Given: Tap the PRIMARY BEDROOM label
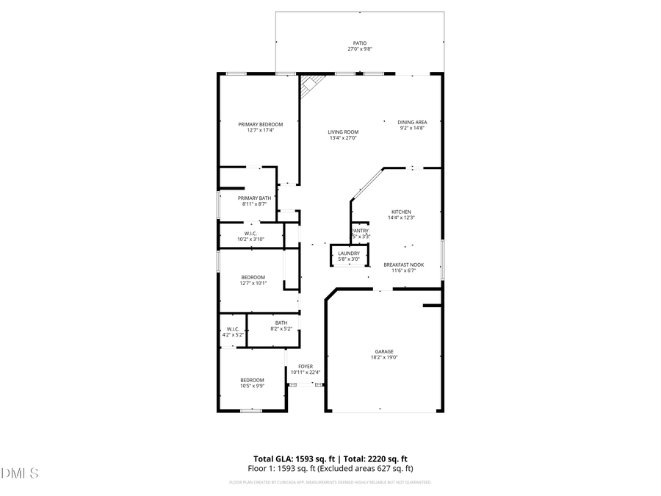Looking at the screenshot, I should pos(260,124).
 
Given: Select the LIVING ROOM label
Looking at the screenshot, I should pos(343,132).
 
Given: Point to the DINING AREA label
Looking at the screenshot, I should pos(412,122).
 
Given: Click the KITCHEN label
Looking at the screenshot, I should pos(401,212).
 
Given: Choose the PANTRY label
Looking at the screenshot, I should pos(360,231).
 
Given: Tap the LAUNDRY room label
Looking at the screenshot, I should pos(349,253).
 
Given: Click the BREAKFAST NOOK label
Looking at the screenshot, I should pos(404,265).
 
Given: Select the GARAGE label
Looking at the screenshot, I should pos(384,352).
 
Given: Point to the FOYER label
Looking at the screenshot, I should pos(306,366).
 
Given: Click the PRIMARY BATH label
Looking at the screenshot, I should pos(255,198).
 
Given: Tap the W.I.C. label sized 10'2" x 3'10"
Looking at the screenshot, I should pos(250,234).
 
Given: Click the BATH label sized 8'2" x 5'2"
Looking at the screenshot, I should pos(281,323).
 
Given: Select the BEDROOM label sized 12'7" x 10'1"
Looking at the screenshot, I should pos(253,277).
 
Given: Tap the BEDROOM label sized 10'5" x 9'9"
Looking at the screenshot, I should pos(252,380).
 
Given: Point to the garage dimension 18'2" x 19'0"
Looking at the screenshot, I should pos(384,358).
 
